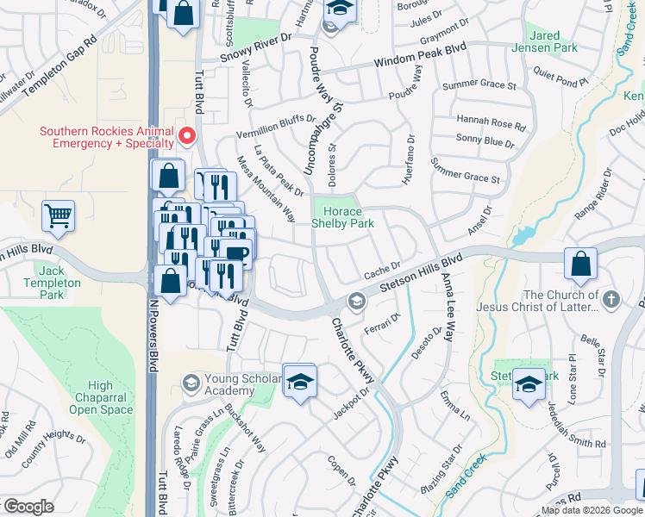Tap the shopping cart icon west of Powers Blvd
(x=58, y=216)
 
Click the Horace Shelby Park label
(x=348, y=217)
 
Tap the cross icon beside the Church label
(x=611, y=300)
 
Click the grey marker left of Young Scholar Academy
(x=190, y=382)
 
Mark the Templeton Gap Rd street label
(x=60, y=63)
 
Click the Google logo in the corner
(x=28, y=507)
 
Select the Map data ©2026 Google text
(x=592, y=510)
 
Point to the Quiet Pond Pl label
(x=560, y=76)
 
